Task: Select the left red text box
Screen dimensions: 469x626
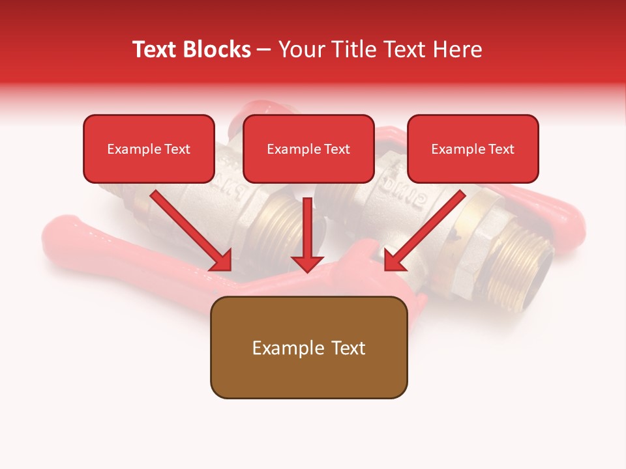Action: (x=149, y=149)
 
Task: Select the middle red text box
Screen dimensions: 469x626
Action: (x=308, y=149)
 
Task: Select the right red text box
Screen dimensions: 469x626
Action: (x=473, y=149)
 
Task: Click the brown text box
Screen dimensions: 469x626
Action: (x=308, y=348)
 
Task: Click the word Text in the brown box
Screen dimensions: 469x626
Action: (x=347, y=348)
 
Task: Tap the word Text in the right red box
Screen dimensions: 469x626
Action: (x=501, y=149)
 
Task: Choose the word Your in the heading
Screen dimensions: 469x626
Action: (x=298, y=50)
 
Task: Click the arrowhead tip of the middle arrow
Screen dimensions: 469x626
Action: (x=307, y=270)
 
